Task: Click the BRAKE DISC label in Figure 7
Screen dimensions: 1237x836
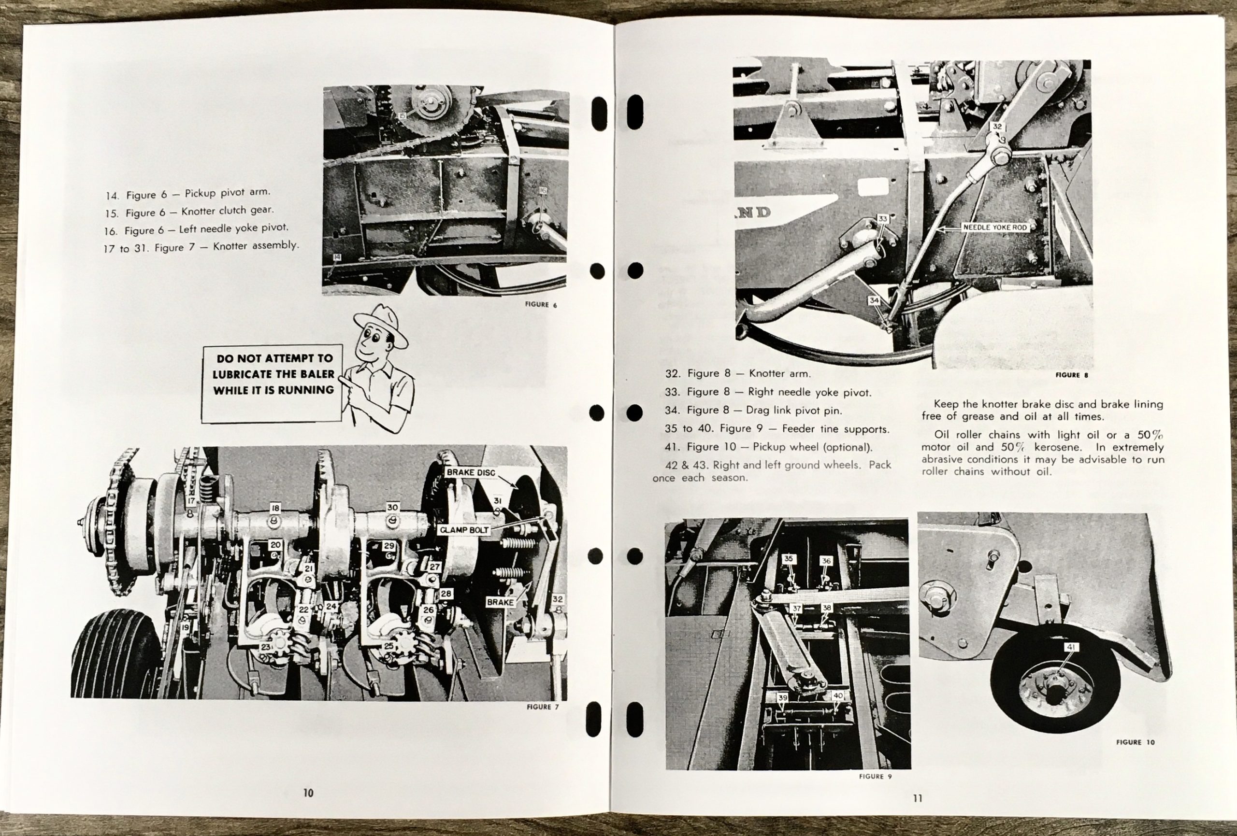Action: click(471, 472)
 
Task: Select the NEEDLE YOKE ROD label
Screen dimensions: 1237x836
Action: click(995, 227)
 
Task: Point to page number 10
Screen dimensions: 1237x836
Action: click(308, 793)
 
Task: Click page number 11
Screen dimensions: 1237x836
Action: click(917, 798)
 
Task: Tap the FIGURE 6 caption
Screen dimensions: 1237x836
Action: click(541, 305)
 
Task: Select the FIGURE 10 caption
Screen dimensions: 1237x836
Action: click(1136, 742)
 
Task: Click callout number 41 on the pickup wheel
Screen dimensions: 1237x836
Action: click(1071, 647)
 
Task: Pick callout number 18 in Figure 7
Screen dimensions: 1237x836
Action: click(274, 508)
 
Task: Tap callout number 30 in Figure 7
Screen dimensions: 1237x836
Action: click(392, 507)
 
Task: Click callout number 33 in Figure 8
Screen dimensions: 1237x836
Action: click(883, 219)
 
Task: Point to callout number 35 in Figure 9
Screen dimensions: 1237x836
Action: click(788, 559)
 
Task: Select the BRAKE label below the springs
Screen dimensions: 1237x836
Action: click(500, 602)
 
